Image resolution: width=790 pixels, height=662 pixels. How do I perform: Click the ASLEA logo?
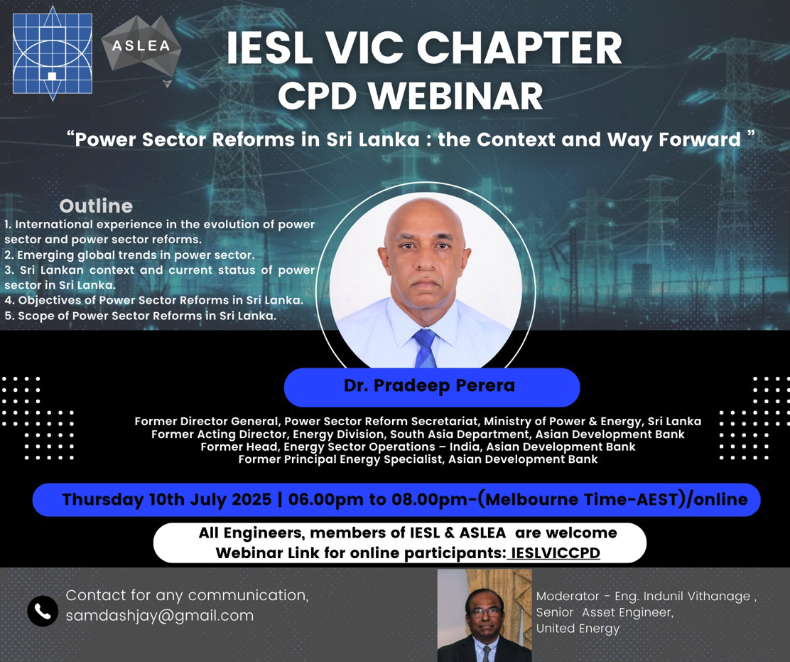(x=141, y=48)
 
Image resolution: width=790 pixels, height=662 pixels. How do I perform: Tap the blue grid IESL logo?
(x=53, y=53)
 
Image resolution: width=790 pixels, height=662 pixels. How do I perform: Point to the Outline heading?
(x=96, y=205)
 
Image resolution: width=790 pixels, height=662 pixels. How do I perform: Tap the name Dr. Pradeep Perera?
(x=429, y=385)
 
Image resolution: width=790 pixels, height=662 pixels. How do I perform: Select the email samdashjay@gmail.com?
(x=160, y=616)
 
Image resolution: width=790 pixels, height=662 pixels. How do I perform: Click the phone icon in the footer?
(x=43, y=611)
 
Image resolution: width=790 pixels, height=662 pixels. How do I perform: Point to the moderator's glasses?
(x=485, y=612)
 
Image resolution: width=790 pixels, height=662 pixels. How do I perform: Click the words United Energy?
(x=578, y=629)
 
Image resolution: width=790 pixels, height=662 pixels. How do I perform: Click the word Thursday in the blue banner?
(x=103, y=500)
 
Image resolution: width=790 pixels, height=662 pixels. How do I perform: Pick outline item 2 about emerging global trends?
(x=129, y=255)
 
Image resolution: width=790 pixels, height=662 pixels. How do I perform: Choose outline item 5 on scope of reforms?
(x=140, y=316)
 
